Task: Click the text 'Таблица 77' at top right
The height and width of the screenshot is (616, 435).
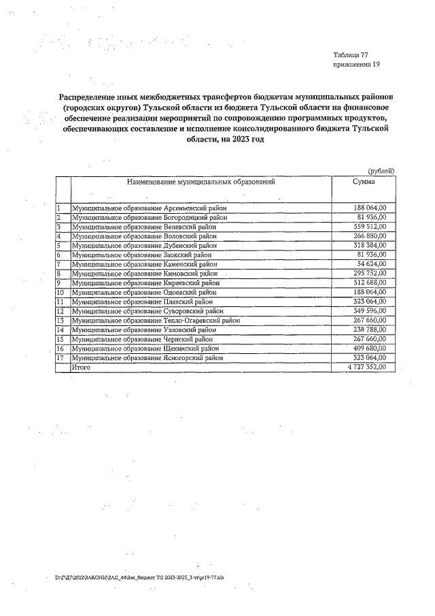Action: click(351, 54)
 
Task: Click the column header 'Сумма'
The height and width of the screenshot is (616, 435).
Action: click(364, 182)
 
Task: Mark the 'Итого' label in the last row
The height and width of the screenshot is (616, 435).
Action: click(81, 367)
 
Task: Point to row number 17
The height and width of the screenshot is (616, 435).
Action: click(60, 357)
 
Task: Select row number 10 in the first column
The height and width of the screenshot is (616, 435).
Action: click(60, 292)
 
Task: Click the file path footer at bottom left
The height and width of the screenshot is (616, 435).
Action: click(149, 577)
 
